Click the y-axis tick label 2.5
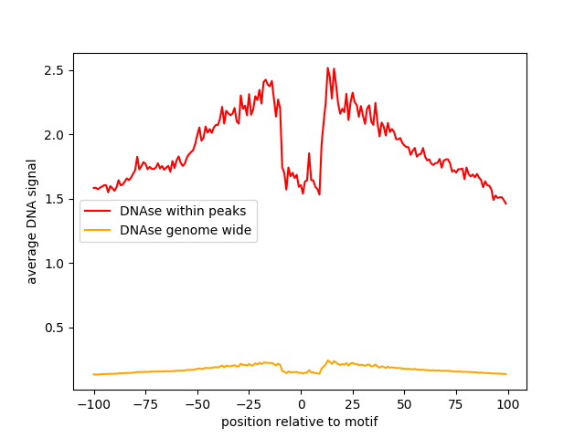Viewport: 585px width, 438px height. click(x=54, y=70)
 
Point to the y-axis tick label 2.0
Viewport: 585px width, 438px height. click(x=54, y=135)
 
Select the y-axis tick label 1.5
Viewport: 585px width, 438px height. click(x=54, y=199)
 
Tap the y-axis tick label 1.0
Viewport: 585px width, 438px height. click(x=54, y=264)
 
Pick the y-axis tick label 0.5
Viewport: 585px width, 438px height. click(x=54, y=328)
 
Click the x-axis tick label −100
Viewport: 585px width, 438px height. click(x=93, y=404)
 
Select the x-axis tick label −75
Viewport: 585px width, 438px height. click(x=145, y=404)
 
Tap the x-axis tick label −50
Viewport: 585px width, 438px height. click(x=197, y=404)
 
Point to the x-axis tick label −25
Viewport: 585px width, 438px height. click(x=249, y=404)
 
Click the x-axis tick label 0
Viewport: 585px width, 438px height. click(x=301, y=404)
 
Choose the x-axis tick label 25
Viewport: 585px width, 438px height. click(x=353, y=404)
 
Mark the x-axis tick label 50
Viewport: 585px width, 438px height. click(x=405, y=404)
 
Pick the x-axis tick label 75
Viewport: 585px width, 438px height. click(x=456, y=404)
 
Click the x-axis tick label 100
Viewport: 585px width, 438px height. click(x=508, y=404)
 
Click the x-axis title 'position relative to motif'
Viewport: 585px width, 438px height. click(x=300, y=422)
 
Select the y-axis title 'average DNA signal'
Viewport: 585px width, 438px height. click(x=32, y=222)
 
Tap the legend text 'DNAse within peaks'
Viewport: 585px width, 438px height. click(x=183, y=211)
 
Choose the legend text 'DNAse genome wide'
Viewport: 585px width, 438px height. click(x=186, y=230)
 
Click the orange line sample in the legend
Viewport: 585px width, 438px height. click(x=99, y=230)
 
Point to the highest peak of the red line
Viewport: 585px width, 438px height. click(x=327, y=68)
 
